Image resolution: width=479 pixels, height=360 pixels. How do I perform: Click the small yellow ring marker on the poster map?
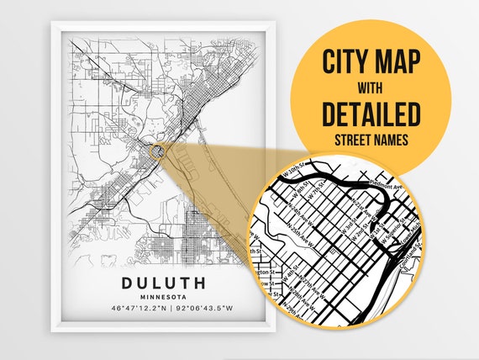[x=156, y=151]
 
